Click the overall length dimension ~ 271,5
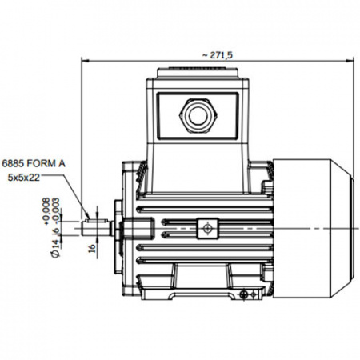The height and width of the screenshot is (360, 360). [218, 55]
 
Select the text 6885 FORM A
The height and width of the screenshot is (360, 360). [34, 163]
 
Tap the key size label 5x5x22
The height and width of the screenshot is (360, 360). [23, 178]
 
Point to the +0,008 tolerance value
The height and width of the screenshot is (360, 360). [46, 211]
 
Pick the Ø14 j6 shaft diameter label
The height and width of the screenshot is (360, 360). [55, 242]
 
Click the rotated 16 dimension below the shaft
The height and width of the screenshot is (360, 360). [92, 248]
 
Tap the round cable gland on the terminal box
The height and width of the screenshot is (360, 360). [198, 116]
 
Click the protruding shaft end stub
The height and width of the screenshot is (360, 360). [96, 229]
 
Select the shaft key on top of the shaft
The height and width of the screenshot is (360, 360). [97, 221]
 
